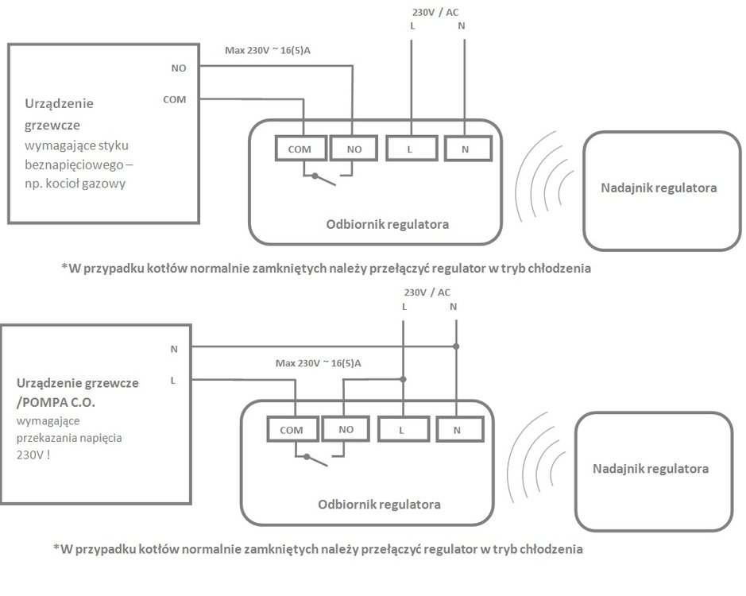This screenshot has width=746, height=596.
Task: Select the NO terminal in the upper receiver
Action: coord(354,149)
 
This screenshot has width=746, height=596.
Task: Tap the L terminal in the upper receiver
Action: coord(411,149)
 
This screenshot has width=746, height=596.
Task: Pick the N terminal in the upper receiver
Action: coord(465,149)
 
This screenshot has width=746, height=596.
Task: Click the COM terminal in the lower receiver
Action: coord(292,430)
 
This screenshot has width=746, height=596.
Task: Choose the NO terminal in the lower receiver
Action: coord(346,429)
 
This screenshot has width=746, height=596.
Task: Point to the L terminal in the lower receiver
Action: coord(402,430)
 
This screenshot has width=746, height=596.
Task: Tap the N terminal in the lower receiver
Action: coord(457,430)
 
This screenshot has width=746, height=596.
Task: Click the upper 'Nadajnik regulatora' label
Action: coord(659,188)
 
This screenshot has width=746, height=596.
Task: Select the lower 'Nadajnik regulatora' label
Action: coord(651,468)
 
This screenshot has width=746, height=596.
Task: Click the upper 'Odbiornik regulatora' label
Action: coord(387,224)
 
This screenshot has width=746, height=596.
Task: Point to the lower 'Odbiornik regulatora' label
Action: coord(379,504)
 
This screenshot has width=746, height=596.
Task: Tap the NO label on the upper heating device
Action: coord(179,68)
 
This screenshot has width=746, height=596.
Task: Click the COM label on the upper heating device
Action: coord(174,100)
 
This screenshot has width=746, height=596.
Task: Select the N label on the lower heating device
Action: coord(174,348)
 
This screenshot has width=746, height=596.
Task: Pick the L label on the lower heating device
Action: coord(173,381)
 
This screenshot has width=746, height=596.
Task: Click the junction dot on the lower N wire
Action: coord(455,346)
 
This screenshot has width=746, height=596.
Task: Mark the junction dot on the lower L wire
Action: coord(403,379)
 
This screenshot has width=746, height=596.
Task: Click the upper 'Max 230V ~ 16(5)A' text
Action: coord(278,51)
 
